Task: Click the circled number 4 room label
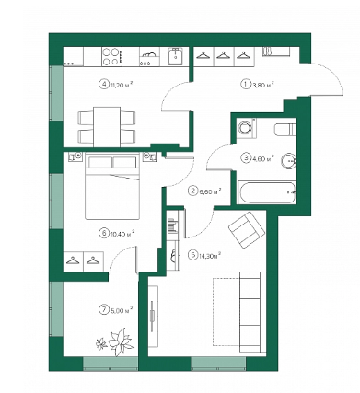coord(103,84)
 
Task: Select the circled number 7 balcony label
coord(103,310)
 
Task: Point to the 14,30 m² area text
coord(210,255)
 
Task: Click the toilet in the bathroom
coord(285,129)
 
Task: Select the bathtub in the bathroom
coord(267,192)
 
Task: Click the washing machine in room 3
coord(246,127)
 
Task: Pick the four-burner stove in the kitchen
coord(111,56)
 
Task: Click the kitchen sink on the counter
coord(176,56)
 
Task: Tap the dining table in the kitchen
coord(107,127)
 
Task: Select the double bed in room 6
coord(112,186)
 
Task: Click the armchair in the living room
coord(247,229)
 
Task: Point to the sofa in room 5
coord(252,312)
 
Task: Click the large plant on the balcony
coord(121,341)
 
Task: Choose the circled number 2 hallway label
coord(193,191)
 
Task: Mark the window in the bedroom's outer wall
coord(56,201)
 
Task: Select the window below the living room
coord(218,364)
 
